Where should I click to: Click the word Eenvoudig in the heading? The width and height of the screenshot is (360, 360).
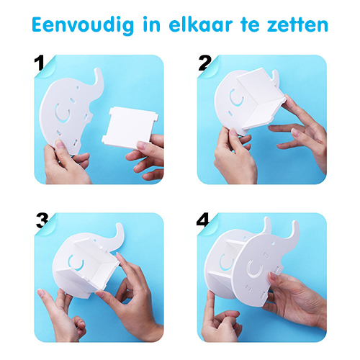click(x=83, y=25)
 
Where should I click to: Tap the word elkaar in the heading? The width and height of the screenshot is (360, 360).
click(x=201, y=24)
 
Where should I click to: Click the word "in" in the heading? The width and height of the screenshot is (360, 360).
click(x=152, y=24)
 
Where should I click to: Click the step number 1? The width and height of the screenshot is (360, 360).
click(x=39, y=63)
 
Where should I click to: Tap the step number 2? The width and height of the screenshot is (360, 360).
click(x=204, y=63)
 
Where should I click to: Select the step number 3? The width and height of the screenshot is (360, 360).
click(x=42, y=221)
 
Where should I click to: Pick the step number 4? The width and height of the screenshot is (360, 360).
click(x=203, y=220)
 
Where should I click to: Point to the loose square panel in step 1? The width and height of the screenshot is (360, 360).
click(x=130, y=127)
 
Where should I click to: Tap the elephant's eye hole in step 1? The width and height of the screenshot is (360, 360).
click(x=77, y=88)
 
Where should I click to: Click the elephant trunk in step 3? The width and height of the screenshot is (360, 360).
click(x=119, y=237)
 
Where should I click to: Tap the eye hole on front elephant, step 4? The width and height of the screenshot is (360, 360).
click(x=273, y=243)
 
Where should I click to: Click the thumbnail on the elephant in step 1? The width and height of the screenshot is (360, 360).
click(x=60, y=144)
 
